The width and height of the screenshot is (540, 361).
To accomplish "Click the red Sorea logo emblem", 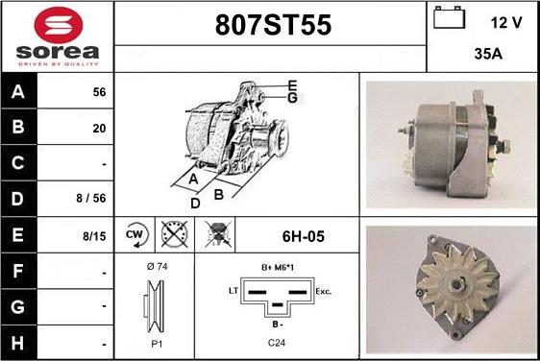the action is (x=59, y=25).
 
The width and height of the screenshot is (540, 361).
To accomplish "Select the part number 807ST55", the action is (x=273, y=25).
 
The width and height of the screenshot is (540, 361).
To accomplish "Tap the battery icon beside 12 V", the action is (x=449, y=17).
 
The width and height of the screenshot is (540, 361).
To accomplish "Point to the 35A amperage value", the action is (x=488, y=54).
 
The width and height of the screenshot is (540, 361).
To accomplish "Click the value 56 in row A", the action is (x=99, y=92).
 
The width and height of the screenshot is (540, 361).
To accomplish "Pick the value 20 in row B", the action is (x=99, y=129).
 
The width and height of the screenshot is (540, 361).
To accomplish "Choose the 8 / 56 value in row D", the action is (x=91, y=198).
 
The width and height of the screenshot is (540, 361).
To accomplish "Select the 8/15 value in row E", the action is (x=94, y=236).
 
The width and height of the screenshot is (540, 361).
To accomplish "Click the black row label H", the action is (x=17, y=343).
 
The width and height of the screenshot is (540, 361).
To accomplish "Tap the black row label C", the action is (x=17, y=163).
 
